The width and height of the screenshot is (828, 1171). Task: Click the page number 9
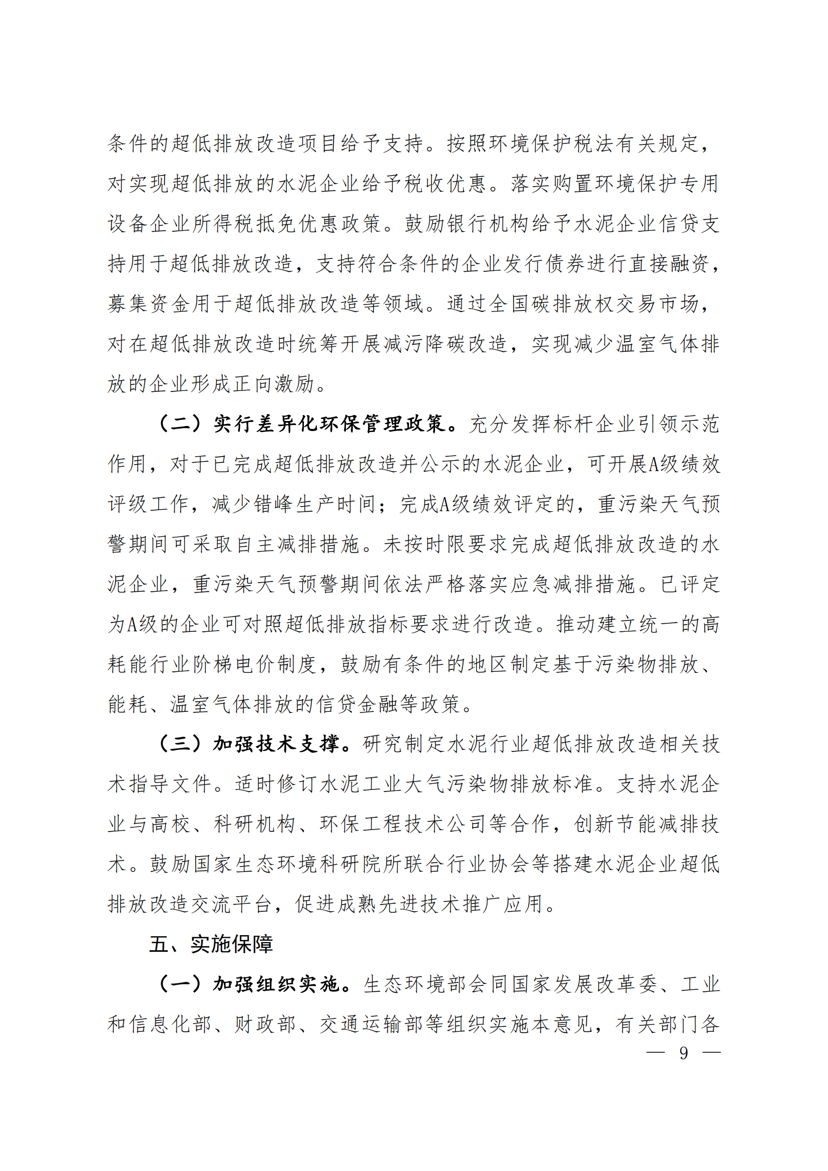click(683, 1053)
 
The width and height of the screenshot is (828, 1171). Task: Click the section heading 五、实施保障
click(211, 944)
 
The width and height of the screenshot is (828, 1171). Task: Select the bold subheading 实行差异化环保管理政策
click(329, 424)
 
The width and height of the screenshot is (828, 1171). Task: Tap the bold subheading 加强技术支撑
click(276, 744)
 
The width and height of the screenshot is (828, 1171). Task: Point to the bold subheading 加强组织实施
click(276, 984)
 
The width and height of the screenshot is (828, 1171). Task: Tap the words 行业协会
click(478, 864)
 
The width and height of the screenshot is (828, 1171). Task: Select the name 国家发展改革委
click(584, 984)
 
